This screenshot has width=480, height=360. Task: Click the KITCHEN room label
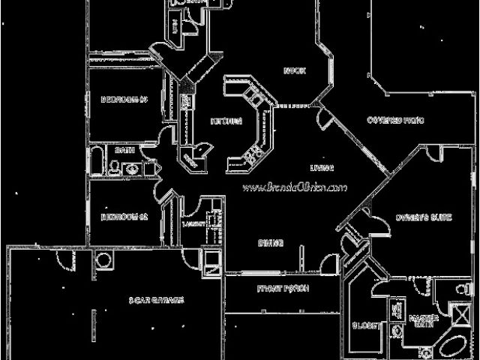226,121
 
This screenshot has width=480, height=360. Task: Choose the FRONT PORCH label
283,289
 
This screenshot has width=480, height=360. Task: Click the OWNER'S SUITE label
423,218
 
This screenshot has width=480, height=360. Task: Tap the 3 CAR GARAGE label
156,300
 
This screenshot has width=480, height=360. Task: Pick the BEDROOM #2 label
121,218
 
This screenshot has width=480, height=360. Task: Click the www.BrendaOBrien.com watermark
294,187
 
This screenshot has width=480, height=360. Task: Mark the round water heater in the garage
103,260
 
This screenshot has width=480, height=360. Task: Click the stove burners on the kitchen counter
253,152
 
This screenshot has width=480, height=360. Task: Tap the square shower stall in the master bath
457,311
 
